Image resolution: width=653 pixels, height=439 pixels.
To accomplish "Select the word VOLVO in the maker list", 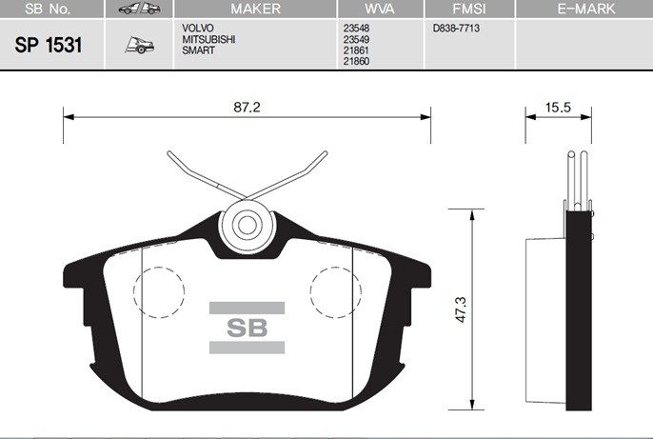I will [x=199, y=29].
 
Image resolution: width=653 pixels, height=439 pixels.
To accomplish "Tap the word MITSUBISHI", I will [x=209, y=39].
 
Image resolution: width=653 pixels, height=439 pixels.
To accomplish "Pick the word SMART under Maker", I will [x=199, y=50].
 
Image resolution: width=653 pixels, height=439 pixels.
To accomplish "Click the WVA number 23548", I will [x=355, y=29].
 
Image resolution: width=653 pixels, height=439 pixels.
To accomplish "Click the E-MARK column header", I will [x=585, y=9].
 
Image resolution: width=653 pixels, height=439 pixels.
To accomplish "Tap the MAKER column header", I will [x=256, y=9].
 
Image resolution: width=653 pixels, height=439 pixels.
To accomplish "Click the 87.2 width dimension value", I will [x=247, y=108].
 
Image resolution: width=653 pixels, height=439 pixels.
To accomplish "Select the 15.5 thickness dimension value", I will [x=558, y=108].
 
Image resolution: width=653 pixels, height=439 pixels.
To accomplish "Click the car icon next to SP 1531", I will [x=139, y=46].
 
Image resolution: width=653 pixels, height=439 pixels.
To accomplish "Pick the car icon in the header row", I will [x=139, y=9].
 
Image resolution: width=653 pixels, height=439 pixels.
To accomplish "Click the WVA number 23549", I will [x=355, y=39].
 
